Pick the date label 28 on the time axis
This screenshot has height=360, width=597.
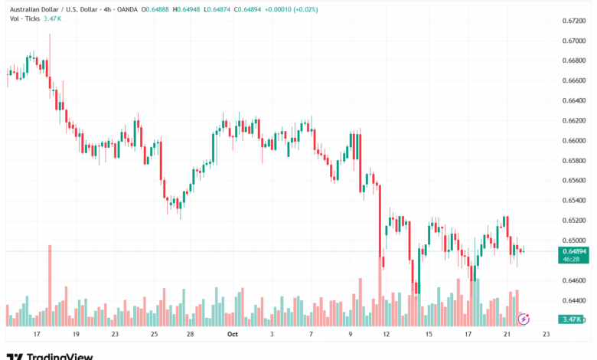tap(190, 335)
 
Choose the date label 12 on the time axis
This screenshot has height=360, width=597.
tap(387, 335)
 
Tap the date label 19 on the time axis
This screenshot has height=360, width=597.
tap(75, 335)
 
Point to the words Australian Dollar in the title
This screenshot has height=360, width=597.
tap(34, 9)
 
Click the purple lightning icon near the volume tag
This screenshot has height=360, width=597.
tap(524, 318)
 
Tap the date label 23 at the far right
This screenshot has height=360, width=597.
tap(545, 335)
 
